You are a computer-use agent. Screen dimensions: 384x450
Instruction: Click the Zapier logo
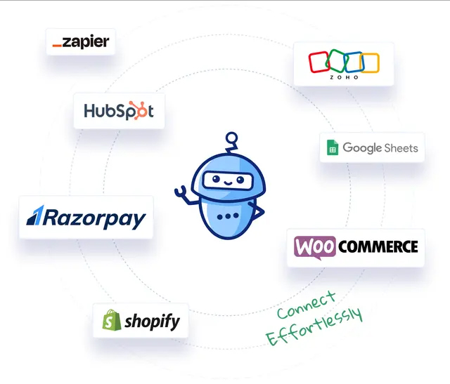click(x=81, y=42)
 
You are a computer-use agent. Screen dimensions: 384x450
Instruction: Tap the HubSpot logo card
click(x=119, y=111)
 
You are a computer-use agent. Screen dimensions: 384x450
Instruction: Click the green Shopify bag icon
click(x=110, y=321)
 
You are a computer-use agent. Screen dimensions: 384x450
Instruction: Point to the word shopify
click(x=152, y=322)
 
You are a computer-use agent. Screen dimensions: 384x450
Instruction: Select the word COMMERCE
click(x=378, y=247)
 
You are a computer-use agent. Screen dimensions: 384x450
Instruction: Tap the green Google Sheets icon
click(x=332, y=148)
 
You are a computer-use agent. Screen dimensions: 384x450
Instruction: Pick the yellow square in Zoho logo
click(x=371, y=62)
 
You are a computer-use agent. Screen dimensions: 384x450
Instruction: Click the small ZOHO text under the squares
click(x=345, y=77)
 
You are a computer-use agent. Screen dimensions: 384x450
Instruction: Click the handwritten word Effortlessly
click(x=315, y=326)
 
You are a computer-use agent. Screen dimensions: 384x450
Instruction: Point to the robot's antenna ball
click(x=229, y=138)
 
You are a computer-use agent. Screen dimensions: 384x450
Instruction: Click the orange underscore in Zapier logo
click(x=57, y=46)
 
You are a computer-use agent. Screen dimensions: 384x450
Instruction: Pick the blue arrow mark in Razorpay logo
click(x=34, y=217)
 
